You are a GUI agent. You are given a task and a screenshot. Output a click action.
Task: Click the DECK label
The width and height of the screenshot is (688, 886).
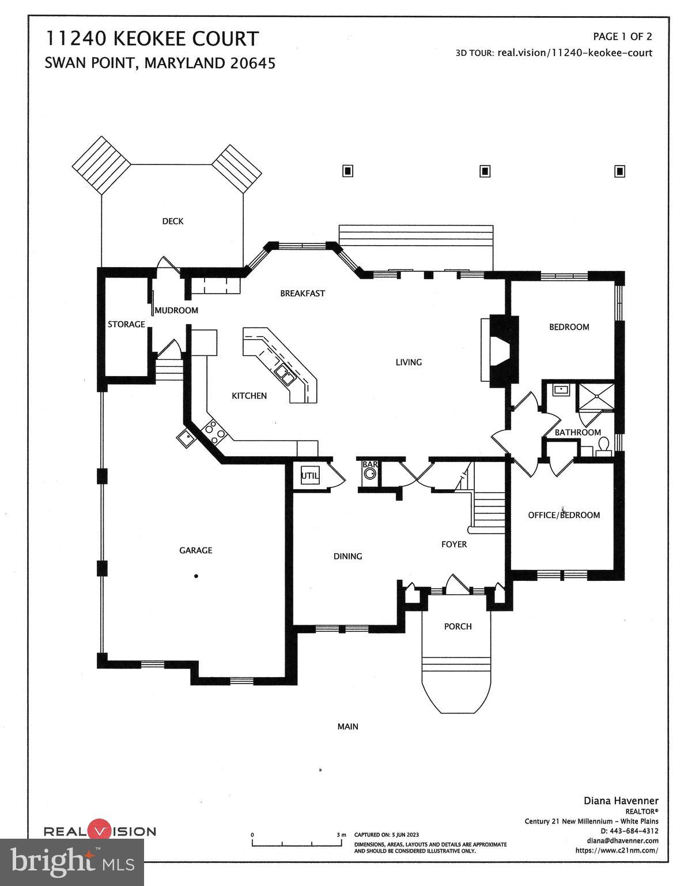click(x=172, y=221)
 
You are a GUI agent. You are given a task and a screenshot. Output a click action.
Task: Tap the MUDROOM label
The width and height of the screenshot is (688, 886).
click(x=176, y=310)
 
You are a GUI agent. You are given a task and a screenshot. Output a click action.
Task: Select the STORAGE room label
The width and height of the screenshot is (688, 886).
click(x=126, y=325)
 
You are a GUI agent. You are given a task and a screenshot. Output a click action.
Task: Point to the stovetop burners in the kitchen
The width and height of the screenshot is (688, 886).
click(x=214, y=432)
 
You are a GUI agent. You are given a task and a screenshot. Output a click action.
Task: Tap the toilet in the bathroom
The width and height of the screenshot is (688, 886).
click(x=603, y=446)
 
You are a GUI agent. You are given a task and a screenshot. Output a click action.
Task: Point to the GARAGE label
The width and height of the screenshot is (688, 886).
click(x=195, y=550)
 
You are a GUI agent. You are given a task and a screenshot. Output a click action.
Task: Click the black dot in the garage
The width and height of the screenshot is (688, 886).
click(x=196, y=576)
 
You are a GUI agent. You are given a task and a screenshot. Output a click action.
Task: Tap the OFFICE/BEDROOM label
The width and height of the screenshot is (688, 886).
click(x=564, y=515)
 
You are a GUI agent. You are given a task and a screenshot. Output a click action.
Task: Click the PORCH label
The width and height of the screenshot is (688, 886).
click(x=458, y=626)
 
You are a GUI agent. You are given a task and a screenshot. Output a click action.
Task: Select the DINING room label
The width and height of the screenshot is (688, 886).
click(x=347, y=557)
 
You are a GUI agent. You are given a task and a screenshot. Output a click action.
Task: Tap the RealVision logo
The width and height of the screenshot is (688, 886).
click(x=100, y=831)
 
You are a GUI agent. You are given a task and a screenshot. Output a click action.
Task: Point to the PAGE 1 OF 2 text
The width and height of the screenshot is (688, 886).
click(x=622, y=37)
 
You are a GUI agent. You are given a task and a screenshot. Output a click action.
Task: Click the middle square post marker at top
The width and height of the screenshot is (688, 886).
click(x=485, y=171)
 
